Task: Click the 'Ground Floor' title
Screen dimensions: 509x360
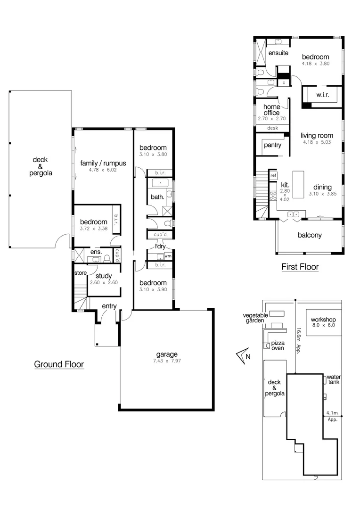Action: [x=59, y=364]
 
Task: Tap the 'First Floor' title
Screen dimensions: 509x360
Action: [x=300, y=267]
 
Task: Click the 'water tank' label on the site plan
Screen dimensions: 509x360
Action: [x=333, y=378]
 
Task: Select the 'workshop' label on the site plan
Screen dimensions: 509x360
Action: [x=323, y=320]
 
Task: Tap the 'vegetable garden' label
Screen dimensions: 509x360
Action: [x=255, y=318]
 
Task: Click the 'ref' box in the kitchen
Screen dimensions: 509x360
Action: [x=273, y=175]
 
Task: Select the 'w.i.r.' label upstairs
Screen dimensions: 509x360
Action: [x=322, y=95]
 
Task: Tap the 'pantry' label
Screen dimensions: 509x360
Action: [x=272, y=145]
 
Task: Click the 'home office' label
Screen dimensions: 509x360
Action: [x=271, y=110]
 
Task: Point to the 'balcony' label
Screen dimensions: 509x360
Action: [x=310, y=235]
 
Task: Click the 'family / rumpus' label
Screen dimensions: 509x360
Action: [x=103, y=164]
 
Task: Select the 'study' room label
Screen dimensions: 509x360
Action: [x=103, y=276]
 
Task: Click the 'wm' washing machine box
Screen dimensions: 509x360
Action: [x=167, y=256]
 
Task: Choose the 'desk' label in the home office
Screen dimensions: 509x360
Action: [x=272, y=128]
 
